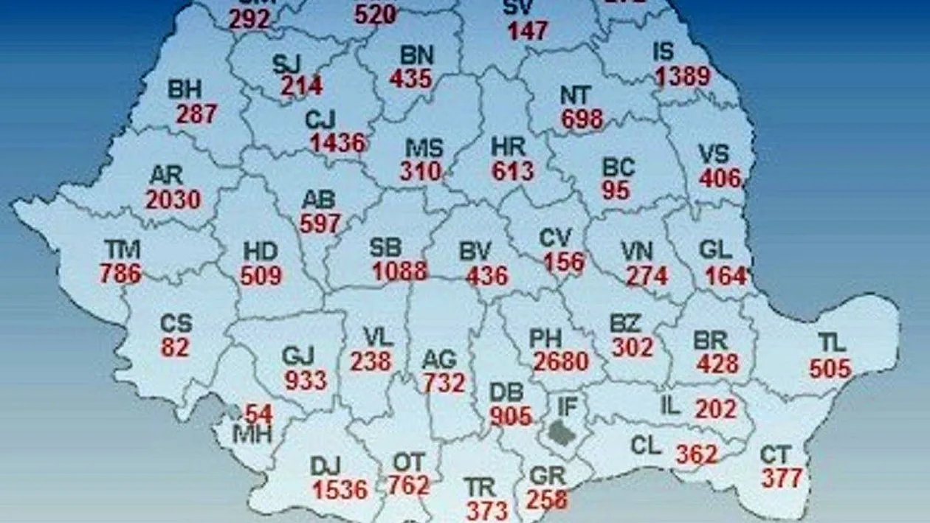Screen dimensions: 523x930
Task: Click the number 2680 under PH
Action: click(562, 361)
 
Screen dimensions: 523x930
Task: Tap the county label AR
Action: click(166, 176)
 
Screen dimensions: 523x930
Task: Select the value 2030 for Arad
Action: click(173, 199)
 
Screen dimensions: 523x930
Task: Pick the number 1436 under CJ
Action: click(338, 142)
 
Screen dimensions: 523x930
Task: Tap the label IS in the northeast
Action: click(664, 52)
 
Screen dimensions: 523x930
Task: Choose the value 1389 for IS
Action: click(682, 76)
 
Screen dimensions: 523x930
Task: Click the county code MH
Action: click(252, 434)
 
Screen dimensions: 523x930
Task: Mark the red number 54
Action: click(259, 413)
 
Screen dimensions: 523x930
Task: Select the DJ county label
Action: click(325, 465)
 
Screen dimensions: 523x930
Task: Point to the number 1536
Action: click(340, 489)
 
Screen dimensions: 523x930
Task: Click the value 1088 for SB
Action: click(399, 271)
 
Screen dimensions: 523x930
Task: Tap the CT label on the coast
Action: click(776, 455)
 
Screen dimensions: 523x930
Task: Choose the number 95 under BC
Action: click(616, 190)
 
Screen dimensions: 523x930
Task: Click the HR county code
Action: click(509, 147)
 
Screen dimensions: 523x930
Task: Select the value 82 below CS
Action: click(175, 347)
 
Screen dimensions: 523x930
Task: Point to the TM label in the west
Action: click(122, 250)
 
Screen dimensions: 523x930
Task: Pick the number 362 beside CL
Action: click(697, 454)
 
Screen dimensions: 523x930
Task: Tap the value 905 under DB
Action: click(511, 416)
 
